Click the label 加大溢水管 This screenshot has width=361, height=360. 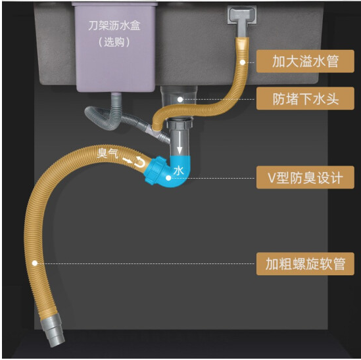305,61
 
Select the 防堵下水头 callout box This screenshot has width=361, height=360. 305,99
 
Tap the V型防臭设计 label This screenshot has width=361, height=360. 305,177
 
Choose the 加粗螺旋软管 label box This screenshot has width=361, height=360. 305,263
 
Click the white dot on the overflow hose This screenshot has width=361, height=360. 243,62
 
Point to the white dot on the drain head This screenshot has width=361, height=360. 180,99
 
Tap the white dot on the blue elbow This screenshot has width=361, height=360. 168,178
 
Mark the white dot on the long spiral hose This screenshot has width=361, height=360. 35,263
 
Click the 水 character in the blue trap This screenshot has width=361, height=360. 179,170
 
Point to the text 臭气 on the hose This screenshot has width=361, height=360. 108,153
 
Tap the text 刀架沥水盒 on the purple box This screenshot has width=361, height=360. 114,26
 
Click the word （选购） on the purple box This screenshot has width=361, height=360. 114,42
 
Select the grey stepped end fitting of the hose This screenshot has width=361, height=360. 53,330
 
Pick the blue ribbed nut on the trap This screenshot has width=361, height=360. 154,169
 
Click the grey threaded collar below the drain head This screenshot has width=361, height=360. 180,123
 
